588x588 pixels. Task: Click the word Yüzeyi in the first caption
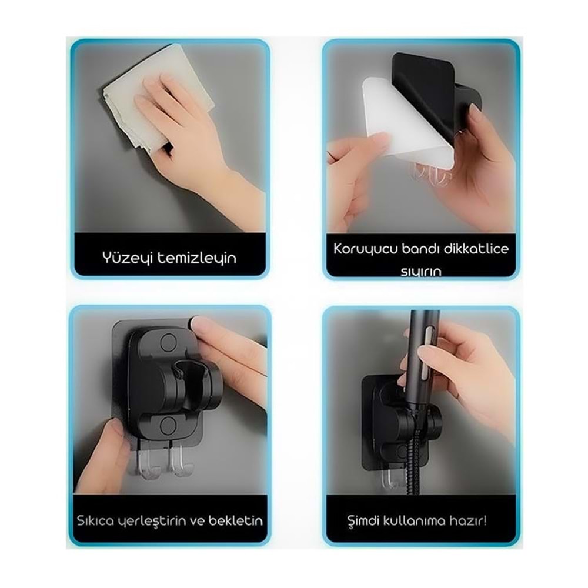(x=128, y=258)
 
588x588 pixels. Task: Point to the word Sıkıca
(x=95, y=521)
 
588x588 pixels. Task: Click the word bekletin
(x=236, y=520)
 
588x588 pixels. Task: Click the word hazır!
(x=468, y=520)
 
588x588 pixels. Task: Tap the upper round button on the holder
(x=168, y=342)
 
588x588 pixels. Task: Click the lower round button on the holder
(x=168, y=426)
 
